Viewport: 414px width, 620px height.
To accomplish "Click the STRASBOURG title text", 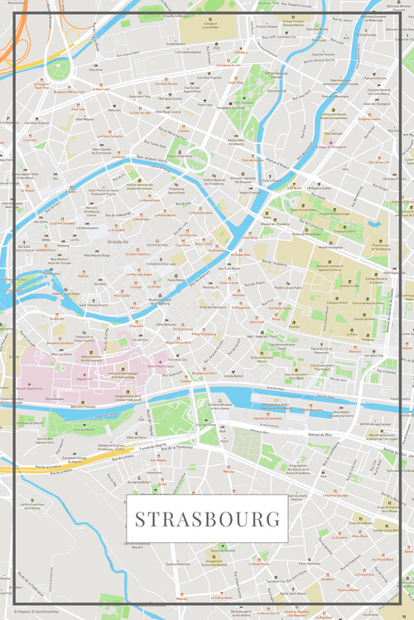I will coord(206,519).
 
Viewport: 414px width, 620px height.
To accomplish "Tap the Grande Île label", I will coord(117,241).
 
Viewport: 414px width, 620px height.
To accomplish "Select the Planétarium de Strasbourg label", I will coord(380,246).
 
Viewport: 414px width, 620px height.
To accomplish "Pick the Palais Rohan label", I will coord(176,279).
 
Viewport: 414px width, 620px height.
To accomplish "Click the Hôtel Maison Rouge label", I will coord(95,255).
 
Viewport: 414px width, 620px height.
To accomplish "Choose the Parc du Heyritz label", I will coord(84,429).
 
